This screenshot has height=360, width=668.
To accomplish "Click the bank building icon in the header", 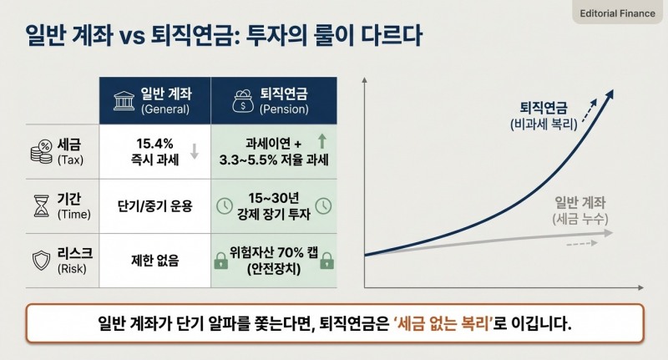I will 123,101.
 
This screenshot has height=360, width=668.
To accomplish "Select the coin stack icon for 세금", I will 40,150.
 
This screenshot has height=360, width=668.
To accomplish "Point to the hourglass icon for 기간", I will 40,205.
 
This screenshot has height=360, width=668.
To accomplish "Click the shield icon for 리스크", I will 40,259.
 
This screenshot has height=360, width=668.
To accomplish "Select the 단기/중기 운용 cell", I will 154,205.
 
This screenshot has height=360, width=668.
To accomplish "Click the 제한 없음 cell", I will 154,260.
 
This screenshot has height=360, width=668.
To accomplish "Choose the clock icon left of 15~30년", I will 225,205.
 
